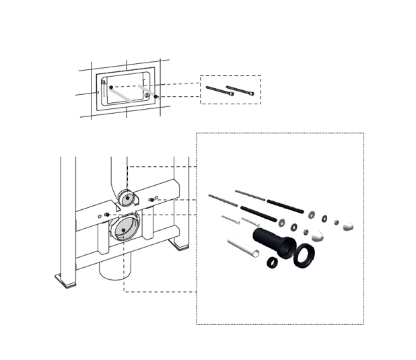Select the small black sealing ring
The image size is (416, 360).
click(x=273, y=262)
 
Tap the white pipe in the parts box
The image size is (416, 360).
click(x=244, y=248)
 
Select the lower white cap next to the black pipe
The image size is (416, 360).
click(x=316, y=236)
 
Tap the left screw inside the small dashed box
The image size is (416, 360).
click(x=219, y=92)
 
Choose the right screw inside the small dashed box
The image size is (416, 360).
click(x=240, y=90)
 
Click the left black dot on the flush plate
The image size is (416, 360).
click(x=111, y=87)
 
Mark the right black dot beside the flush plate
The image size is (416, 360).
click(x=156, y=96)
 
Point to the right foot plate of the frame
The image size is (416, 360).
click(x=179, y=245)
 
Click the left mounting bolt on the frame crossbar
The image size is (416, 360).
click(x=106, y=215)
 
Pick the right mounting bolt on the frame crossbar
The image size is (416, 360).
click(x=153, y=199)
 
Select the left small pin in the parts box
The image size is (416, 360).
click(x=230, y=220)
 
